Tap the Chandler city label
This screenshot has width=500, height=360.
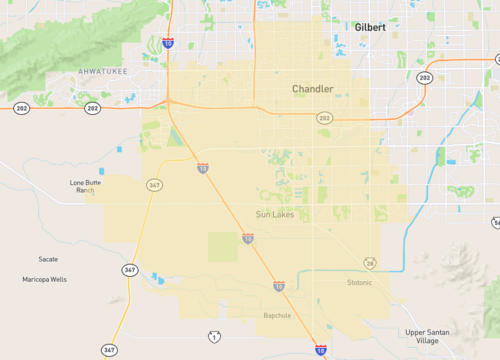(x=312, y=89)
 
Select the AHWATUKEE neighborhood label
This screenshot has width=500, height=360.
(x=103, y=72)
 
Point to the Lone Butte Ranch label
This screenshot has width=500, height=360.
(x=86, y=186)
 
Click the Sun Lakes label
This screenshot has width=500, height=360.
(x=276, y=214)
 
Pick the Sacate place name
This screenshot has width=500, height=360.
(x=48, y=259)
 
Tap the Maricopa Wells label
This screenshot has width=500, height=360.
(x=45, y=279)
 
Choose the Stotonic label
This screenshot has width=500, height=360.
(x=359, y=282)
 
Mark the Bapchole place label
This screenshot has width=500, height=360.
(x=277, y=315)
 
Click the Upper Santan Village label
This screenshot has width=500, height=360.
(x=428, y=336)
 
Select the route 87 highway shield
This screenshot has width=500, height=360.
(x=370, y=263)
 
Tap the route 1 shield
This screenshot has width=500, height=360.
(x=213, y=337)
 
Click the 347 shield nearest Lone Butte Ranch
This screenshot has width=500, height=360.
(x=154, y=185)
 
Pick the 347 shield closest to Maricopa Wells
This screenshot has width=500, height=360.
(x=130, y=270)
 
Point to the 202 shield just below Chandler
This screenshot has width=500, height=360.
(x=324, y=118)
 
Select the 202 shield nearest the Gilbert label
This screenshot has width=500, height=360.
(x=425, y=78)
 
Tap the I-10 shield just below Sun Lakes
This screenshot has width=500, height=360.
(x=247, y=239)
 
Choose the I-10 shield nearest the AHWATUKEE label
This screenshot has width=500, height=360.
(x=168, y=44)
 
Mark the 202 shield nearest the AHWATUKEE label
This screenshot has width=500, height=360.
(x=92, y=108)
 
